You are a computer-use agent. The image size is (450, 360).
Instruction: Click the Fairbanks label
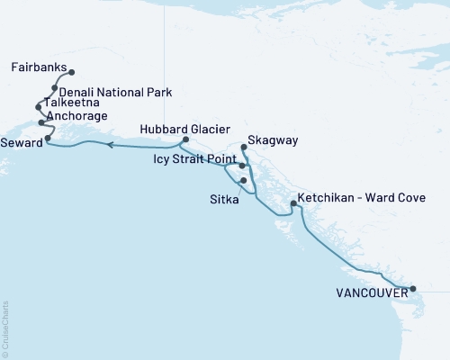point(39,67)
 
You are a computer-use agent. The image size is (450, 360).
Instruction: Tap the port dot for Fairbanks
point(71,72)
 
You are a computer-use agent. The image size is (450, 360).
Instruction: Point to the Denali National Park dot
point(55,88)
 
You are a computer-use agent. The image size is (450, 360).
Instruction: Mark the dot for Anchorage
point(41,121)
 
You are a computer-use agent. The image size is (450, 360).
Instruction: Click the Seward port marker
point(47,139)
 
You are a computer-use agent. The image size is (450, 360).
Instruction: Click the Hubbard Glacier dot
point(185,139)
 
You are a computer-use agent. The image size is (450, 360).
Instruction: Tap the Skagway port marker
point(245,146)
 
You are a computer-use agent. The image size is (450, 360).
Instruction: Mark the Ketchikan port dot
point(293,204)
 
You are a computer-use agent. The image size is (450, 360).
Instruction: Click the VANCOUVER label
point(369,292)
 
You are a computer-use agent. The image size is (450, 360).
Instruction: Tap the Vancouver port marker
point(413,289)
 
